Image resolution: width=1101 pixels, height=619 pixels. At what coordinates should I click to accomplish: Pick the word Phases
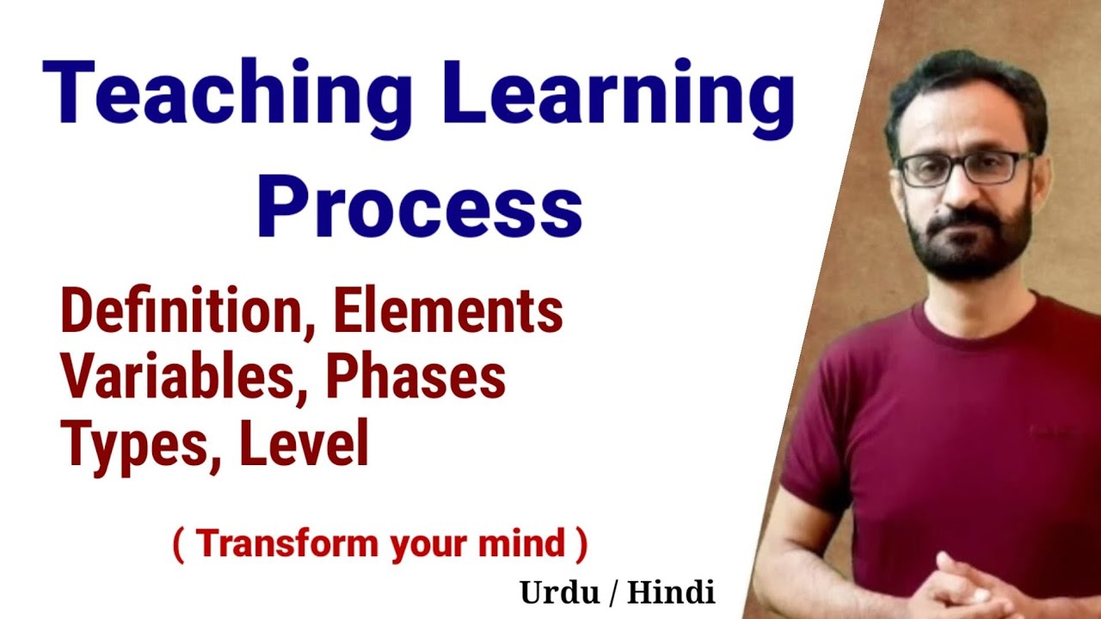416,378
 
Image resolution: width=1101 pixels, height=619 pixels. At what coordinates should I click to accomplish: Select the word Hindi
671,592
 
